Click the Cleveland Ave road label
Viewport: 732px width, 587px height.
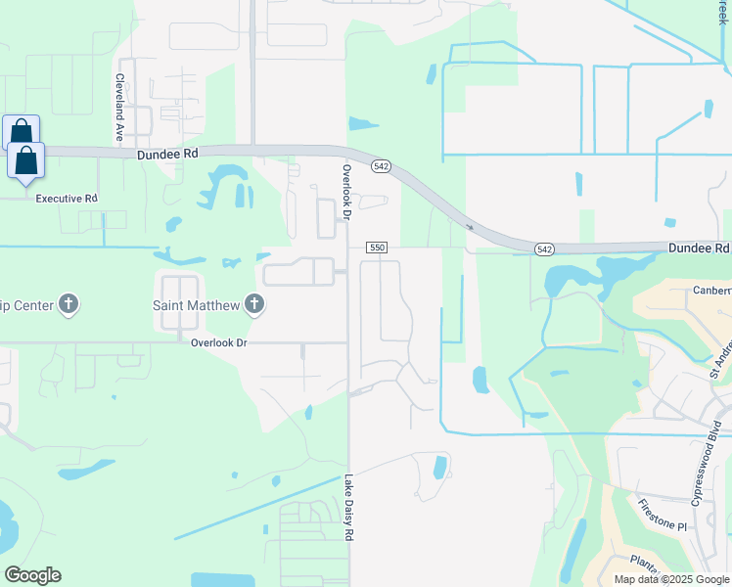(x=119, y=108)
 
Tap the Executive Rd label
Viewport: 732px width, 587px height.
(x=67, y=199)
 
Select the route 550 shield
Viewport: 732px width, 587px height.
(x=377, y=248)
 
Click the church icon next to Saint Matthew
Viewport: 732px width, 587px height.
(x=253, y=304)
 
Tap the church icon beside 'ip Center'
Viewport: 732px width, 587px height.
(x=69, y=304)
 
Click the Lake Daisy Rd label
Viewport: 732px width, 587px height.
(x=347, y=509)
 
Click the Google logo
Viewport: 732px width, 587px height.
(x=32, y=575)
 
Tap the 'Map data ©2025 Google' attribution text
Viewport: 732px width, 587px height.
(x=671, y=579)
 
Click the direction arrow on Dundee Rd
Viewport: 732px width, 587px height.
(x=471, y=227)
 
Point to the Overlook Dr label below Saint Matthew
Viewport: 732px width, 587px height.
(x=219, y=343)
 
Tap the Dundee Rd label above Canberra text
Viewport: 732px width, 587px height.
(x=699, y=249)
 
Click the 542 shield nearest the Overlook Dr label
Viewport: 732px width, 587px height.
(x=382, y=167)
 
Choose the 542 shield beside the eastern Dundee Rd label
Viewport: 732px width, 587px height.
(x=545, y=250)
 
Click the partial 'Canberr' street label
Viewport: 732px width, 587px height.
(x=710, y=291)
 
